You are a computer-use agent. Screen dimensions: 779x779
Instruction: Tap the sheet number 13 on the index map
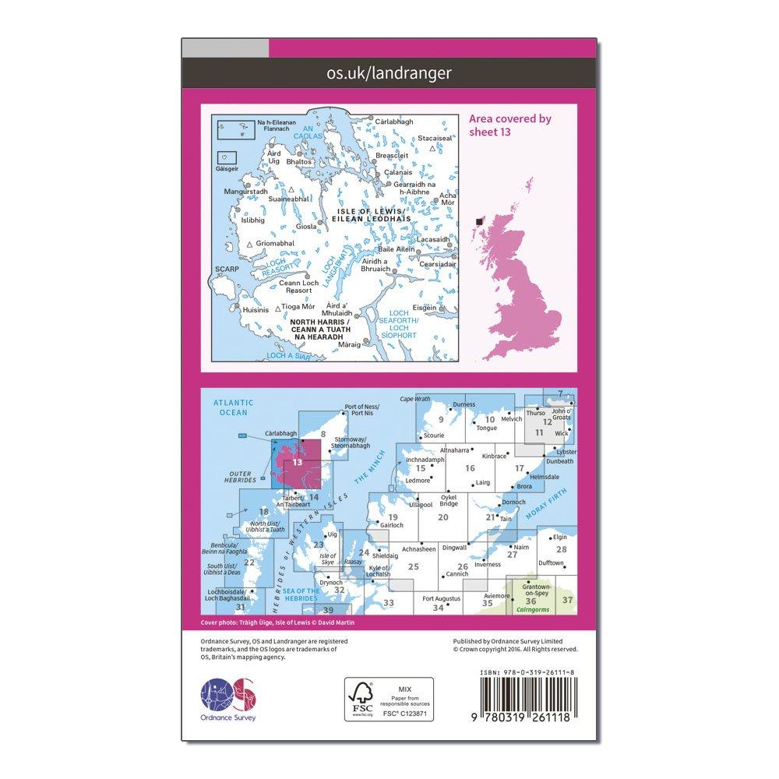296,462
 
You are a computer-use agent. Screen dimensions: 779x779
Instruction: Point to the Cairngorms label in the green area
532,612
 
